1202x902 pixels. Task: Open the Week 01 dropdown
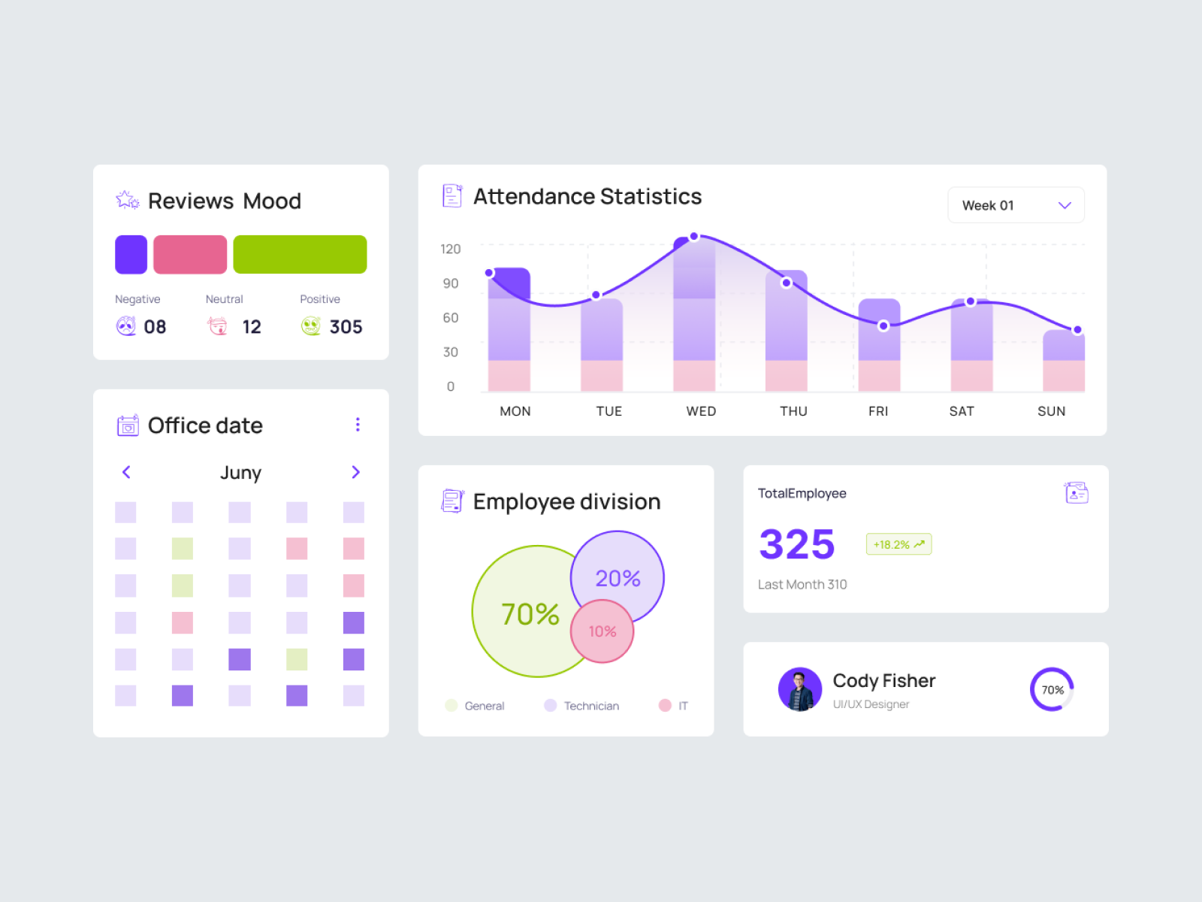1016,205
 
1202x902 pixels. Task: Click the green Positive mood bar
300,255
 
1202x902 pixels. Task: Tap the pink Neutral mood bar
190,255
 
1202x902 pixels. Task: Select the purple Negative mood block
131,255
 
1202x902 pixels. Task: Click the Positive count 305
346,327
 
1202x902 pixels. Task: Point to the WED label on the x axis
701,411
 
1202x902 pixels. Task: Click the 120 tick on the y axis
451,249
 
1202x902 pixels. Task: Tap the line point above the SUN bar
1077,330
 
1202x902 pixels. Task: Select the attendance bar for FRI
879,346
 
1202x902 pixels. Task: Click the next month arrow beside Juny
356,472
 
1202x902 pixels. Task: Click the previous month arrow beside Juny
126,472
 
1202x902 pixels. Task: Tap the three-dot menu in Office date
358,425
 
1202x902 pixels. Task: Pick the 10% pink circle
603,632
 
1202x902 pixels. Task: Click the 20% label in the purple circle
618,578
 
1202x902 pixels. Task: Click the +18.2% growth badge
898,544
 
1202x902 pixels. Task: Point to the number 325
797,544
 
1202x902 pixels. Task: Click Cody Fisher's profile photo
799,689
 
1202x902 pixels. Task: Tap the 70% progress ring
1052,689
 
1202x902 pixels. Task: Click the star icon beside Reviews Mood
127,200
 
